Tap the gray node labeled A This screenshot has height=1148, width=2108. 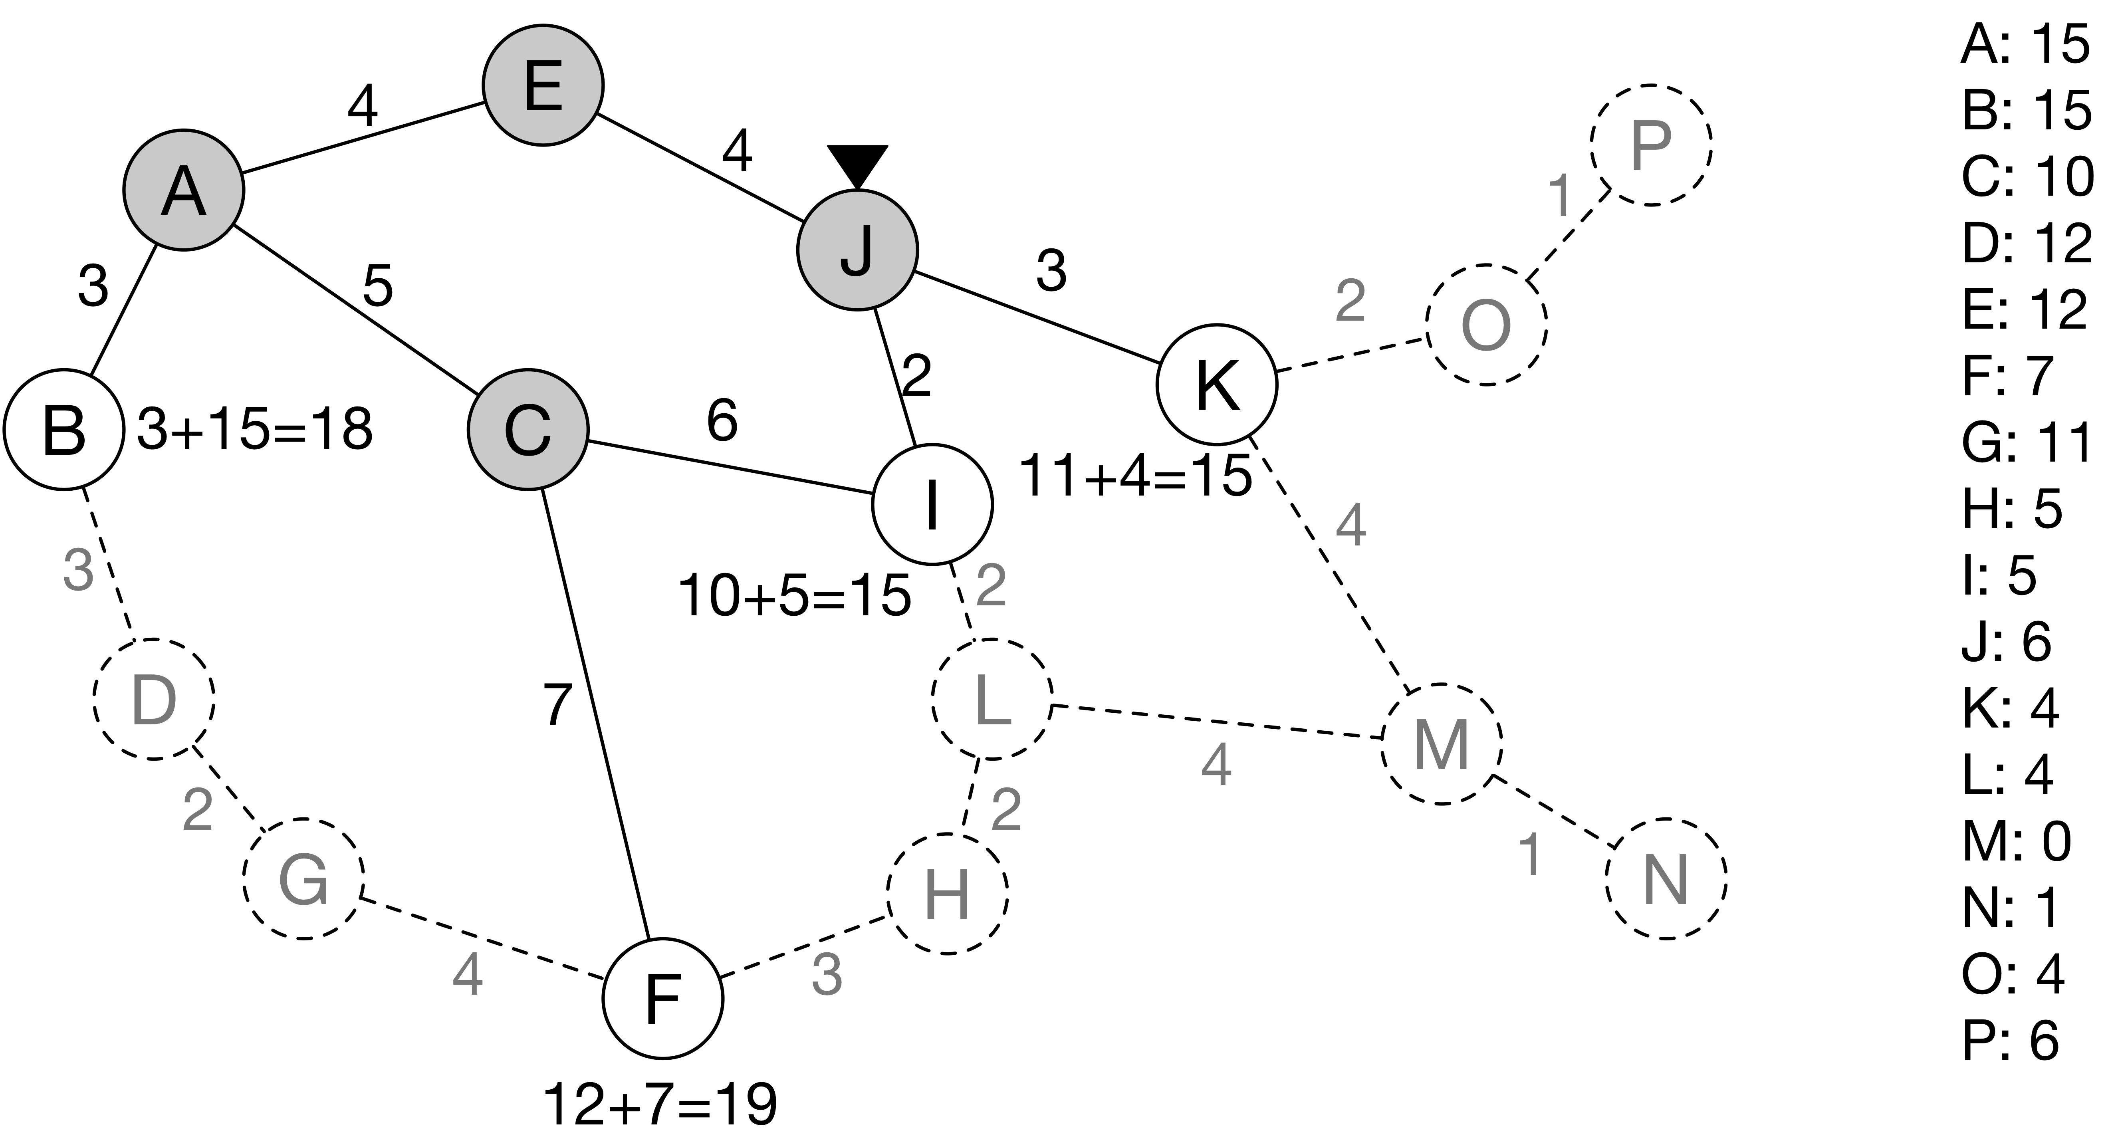coord(184,190)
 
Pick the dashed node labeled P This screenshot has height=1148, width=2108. coord(1650,145)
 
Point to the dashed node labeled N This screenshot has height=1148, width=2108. coord(1666,879)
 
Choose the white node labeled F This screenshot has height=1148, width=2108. coord(663,997)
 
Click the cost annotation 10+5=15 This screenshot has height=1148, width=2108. coord(795,595)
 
